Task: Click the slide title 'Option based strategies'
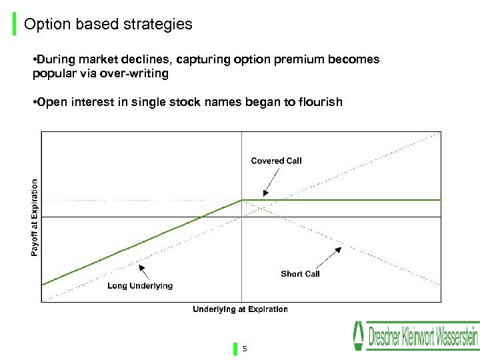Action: (x=108, y=25)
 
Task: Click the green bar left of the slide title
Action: (x=15, y=24)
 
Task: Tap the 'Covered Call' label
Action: (x=276, y=161)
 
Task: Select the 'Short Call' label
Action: (x=300, y=274)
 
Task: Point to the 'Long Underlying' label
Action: (x=140, y=286)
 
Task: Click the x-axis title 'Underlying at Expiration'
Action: (x=240, y=309)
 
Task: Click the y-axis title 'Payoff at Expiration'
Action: (x=35, y=217)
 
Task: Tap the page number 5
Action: (x=245, y=349)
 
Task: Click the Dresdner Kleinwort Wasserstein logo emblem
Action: (x=359, y=336)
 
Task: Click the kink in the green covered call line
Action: (x=241, y=199)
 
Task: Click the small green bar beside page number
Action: (x=235, y=349)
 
